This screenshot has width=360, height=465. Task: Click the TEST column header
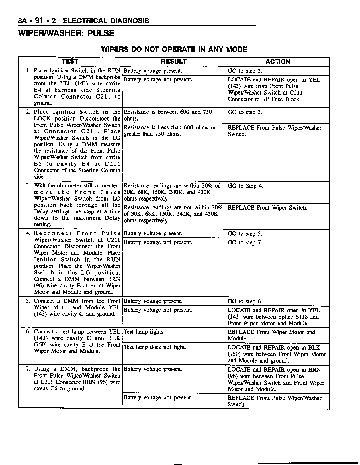pos(70,62)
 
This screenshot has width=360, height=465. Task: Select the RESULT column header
pos(174,62)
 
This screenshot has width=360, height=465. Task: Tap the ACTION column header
pos(278,62)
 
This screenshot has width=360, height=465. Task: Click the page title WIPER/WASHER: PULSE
pos(66,33)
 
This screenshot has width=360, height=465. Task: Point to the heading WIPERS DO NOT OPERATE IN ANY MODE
pos(174,49)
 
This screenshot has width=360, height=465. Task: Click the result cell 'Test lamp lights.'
pos(144,332)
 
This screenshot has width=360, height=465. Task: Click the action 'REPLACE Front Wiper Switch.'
pos(267,208)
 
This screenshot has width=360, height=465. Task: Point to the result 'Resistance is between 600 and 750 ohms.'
pos(168,115)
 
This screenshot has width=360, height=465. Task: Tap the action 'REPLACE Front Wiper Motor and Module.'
pos(271,335)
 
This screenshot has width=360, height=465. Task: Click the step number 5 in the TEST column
pos(28,301)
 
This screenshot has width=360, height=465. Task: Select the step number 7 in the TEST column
pos(28,369)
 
